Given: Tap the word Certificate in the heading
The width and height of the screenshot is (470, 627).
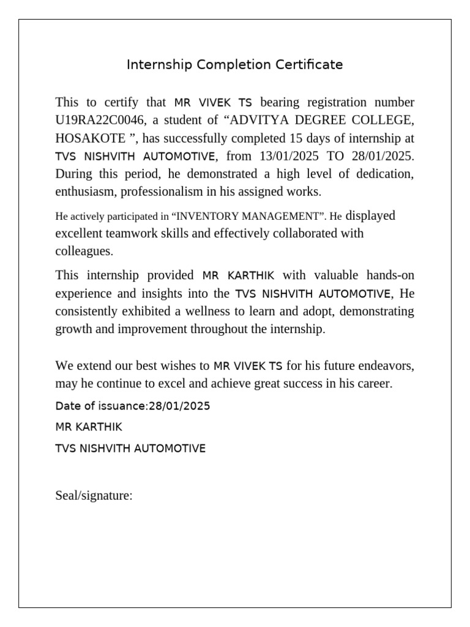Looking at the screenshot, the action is pos(309,64).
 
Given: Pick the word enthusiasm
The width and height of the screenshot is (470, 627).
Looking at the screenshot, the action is pos(84,191).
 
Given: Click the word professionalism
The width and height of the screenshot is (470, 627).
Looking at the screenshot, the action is pos(161,191).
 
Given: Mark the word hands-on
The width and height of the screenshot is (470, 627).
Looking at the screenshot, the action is pos(390,275).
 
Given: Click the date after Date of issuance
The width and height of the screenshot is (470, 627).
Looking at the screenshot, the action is pos(179,406).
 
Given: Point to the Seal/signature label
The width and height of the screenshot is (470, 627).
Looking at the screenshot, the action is pos(94,495).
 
